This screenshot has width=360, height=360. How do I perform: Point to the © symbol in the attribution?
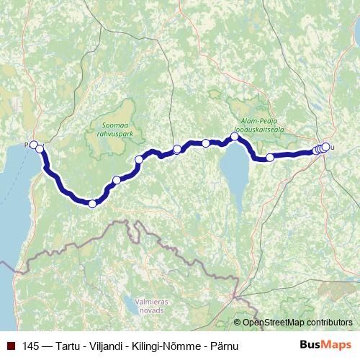[x=238, y=324]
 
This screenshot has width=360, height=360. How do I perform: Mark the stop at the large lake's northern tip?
[x=235, y=137]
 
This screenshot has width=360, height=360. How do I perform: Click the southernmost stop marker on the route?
[x=92, y=204]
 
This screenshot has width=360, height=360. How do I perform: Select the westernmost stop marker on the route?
[x=33, y=145]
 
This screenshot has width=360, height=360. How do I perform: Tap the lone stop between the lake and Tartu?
[x=270, y=157]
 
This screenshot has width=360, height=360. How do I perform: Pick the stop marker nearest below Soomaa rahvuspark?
[x=139, y=160]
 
